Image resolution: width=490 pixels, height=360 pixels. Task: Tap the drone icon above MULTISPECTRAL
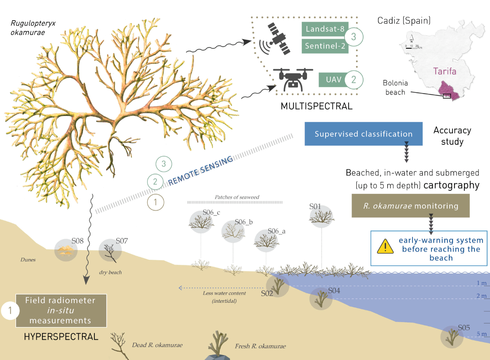click(x=293, y=79)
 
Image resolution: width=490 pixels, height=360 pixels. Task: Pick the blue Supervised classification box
click(x=363, y=134)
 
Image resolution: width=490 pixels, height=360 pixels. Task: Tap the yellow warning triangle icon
click(x=385, y=246)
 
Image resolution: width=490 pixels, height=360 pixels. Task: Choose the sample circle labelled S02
click(x=277, y=286)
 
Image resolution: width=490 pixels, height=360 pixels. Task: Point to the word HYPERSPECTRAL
click(x=61, y=337)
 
